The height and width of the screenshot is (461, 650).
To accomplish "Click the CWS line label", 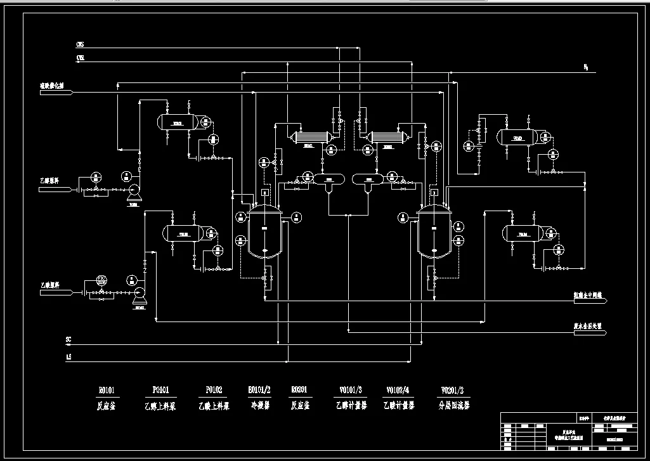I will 80,46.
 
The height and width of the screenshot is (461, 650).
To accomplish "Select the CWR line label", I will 80,58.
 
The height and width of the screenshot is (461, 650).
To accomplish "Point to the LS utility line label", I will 68,358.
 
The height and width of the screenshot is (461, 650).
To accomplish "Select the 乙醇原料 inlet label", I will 49,182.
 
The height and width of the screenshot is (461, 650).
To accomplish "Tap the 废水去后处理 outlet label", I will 587,325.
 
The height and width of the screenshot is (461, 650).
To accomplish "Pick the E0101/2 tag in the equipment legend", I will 259,390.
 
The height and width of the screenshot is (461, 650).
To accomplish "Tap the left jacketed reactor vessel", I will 265,232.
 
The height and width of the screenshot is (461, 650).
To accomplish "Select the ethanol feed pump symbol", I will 134,190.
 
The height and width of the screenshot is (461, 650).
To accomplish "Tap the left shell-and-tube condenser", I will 309,136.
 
